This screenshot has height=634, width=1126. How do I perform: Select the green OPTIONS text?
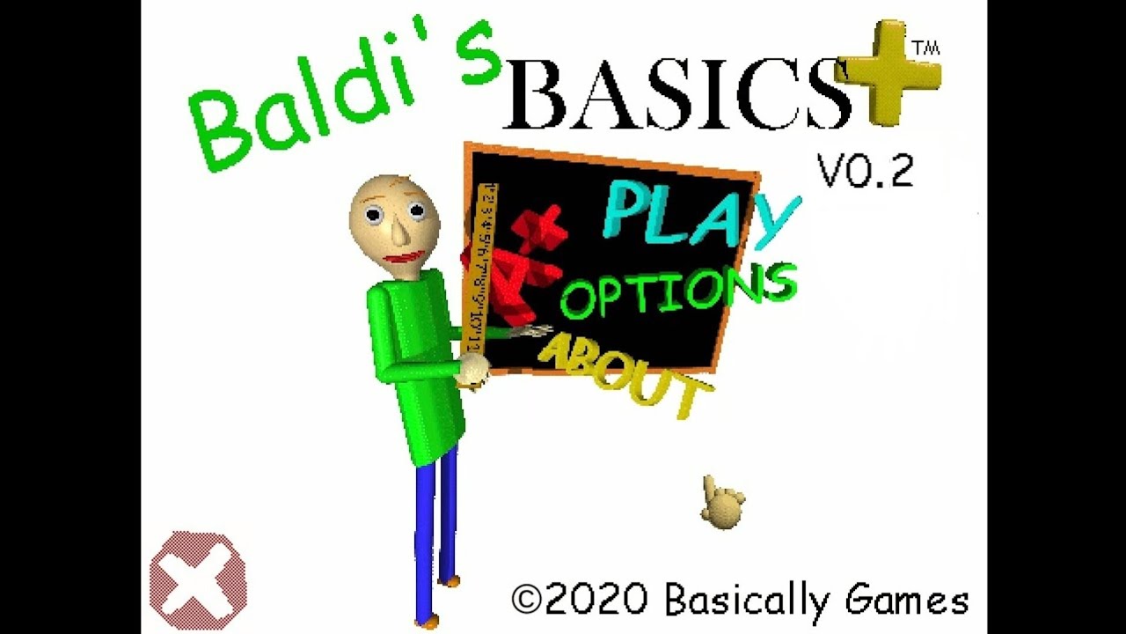point(677,291)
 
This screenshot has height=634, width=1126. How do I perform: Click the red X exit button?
point(198,580)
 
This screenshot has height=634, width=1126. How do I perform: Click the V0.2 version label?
point(866,171)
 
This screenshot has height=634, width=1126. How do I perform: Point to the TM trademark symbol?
point(926,48)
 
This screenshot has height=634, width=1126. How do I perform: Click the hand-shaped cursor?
point(723,502)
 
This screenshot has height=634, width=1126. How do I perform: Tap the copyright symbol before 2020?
point(526,601)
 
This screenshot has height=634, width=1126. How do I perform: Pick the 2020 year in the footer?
point(598,601)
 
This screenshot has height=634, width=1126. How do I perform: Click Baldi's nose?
point(398,232)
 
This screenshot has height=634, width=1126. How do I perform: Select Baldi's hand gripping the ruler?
point(473,370)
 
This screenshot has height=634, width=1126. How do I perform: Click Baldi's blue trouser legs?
point(435,528)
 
